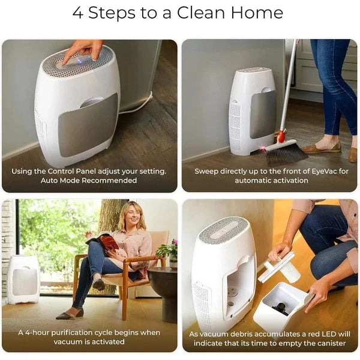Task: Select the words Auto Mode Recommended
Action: point(89,180)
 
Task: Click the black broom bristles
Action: point(286,153)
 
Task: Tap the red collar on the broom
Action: point(281,137)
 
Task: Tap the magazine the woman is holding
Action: point(103,241)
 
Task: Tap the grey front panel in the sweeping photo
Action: point(263,114)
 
